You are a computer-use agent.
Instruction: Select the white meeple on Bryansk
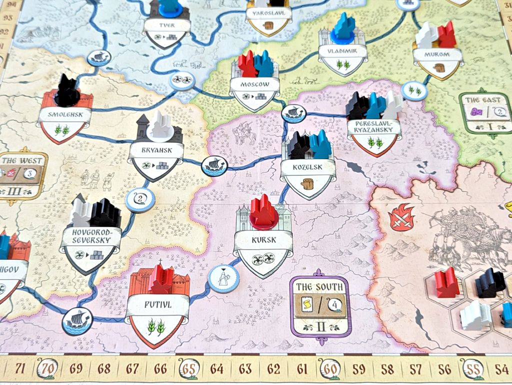pos(161,125)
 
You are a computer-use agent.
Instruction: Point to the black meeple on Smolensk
pos(67,90)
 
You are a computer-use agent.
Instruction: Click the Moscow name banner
pos(255,84)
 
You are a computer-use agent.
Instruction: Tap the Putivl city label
pos(157,304)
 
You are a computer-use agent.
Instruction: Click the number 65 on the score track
pos(189,370)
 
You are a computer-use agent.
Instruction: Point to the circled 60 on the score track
pos(330,370)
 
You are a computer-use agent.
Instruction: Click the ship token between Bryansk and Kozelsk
pos(214,164)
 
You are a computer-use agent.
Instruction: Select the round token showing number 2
pos(139,200)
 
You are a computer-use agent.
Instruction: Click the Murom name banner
pos(438,54)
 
